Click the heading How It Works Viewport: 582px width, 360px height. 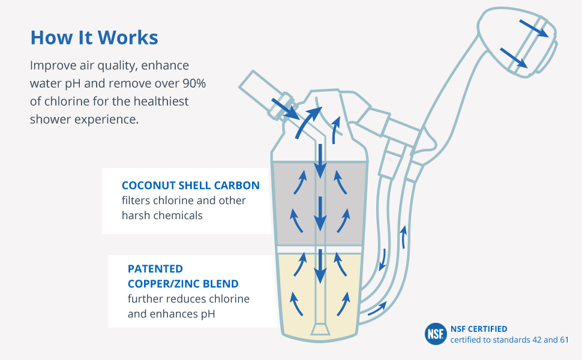pyautogui.click(x=94, y=38)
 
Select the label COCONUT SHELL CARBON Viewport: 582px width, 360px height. pyautogui.click(x=191, y=185)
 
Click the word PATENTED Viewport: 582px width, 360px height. pyautogui.click(x=155, y=268)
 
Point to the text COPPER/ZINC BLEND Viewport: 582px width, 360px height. pyautogui.click(x=183, y=283)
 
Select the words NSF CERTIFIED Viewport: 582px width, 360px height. pyautogui.click(x=479, y=329)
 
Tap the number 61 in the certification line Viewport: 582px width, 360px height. pyautogui.click(x=562, y=340)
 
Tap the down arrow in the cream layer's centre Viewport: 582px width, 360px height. pyautogui.click(x=320, y=268)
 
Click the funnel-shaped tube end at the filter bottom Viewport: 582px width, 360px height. pyautogui.click(x=320, y=329)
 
